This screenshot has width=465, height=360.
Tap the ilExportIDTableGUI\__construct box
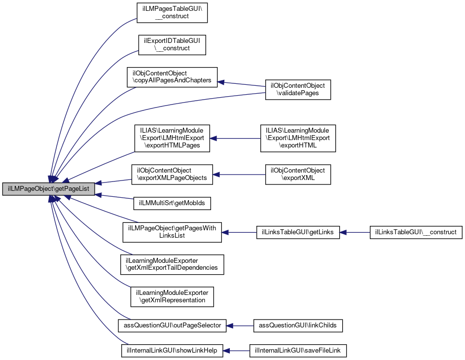pos(171,44)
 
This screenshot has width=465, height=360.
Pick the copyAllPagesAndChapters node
pos(172,77)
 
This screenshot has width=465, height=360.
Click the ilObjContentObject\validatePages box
pos(298,89)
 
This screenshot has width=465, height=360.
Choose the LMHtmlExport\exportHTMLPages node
pos(172,138)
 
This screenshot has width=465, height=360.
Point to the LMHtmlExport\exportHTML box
pos(298,138)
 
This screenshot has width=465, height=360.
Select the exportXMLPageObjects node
pos(172,175)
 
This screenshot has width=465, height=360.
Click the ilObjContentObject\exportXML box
pos(298,175)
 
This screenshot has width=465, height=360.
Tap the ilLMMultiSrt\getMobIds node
pos(172,203)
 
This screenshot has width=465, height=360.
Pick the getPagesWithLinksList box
pos(172,232)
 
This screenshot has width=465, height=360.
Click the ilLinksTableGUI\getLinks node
pos(298,232)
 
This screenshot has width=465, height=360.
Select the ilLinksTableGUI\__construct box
pos(416,232)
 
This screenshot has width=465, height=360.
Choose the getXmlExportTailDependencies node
pos(172,264)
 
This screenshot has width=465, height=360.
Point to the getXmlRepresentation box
pos(172,296)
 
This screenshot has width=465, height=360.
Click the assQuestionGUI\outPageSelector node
pos(172,325)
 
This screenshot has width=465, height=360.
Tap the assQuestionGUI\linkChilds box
pos(298,325)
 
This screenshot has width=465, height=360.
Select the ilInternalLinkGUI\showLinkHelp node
pos(172,351)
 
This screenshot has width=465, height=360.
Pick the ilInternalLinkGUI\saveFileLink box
pos(298,351)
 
